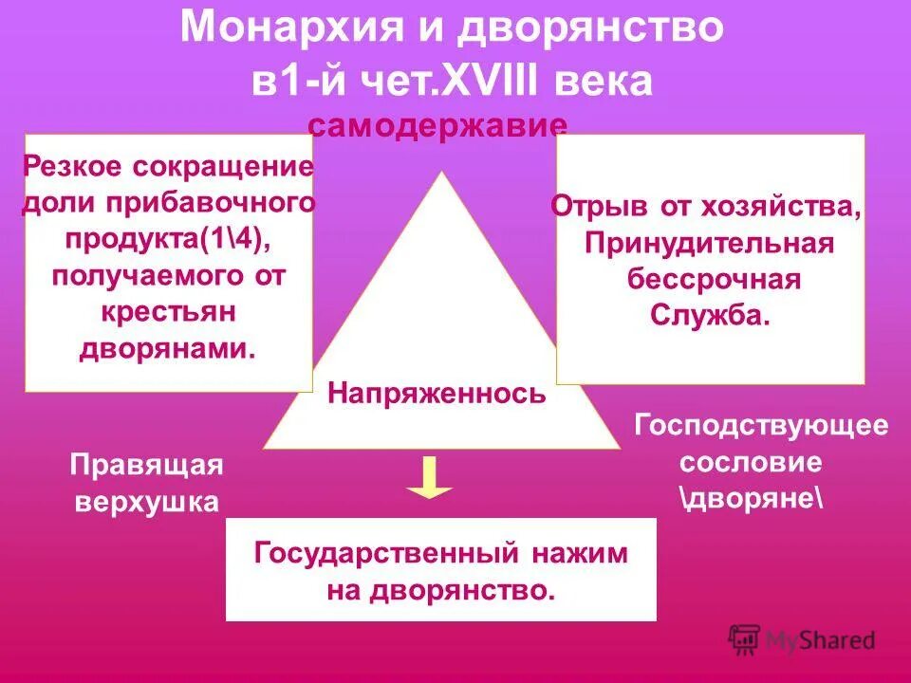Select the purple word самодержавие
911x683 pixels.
(x=438, y=126)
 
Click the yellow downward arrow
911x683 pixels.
(x=430, y=477)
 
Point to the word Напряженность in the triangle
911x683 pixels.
(x=437, y=393)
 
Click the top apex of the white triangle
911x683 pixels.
(x=441, y=175)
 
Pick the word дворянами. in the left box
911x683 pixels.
(x=167, y=348)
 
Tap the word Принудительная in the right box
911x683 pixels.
(x=709, y=243)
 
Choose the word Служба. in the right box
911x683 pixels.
(x=709, y=316)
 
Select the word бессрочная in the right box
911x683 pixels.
(x=714, y=280)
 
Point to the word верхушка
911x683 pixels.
(x=146, y=502)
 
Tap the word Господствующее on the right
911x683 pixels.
(x=761, y=424)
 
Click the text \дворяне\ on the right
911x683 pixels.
(x=752, y=499)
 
